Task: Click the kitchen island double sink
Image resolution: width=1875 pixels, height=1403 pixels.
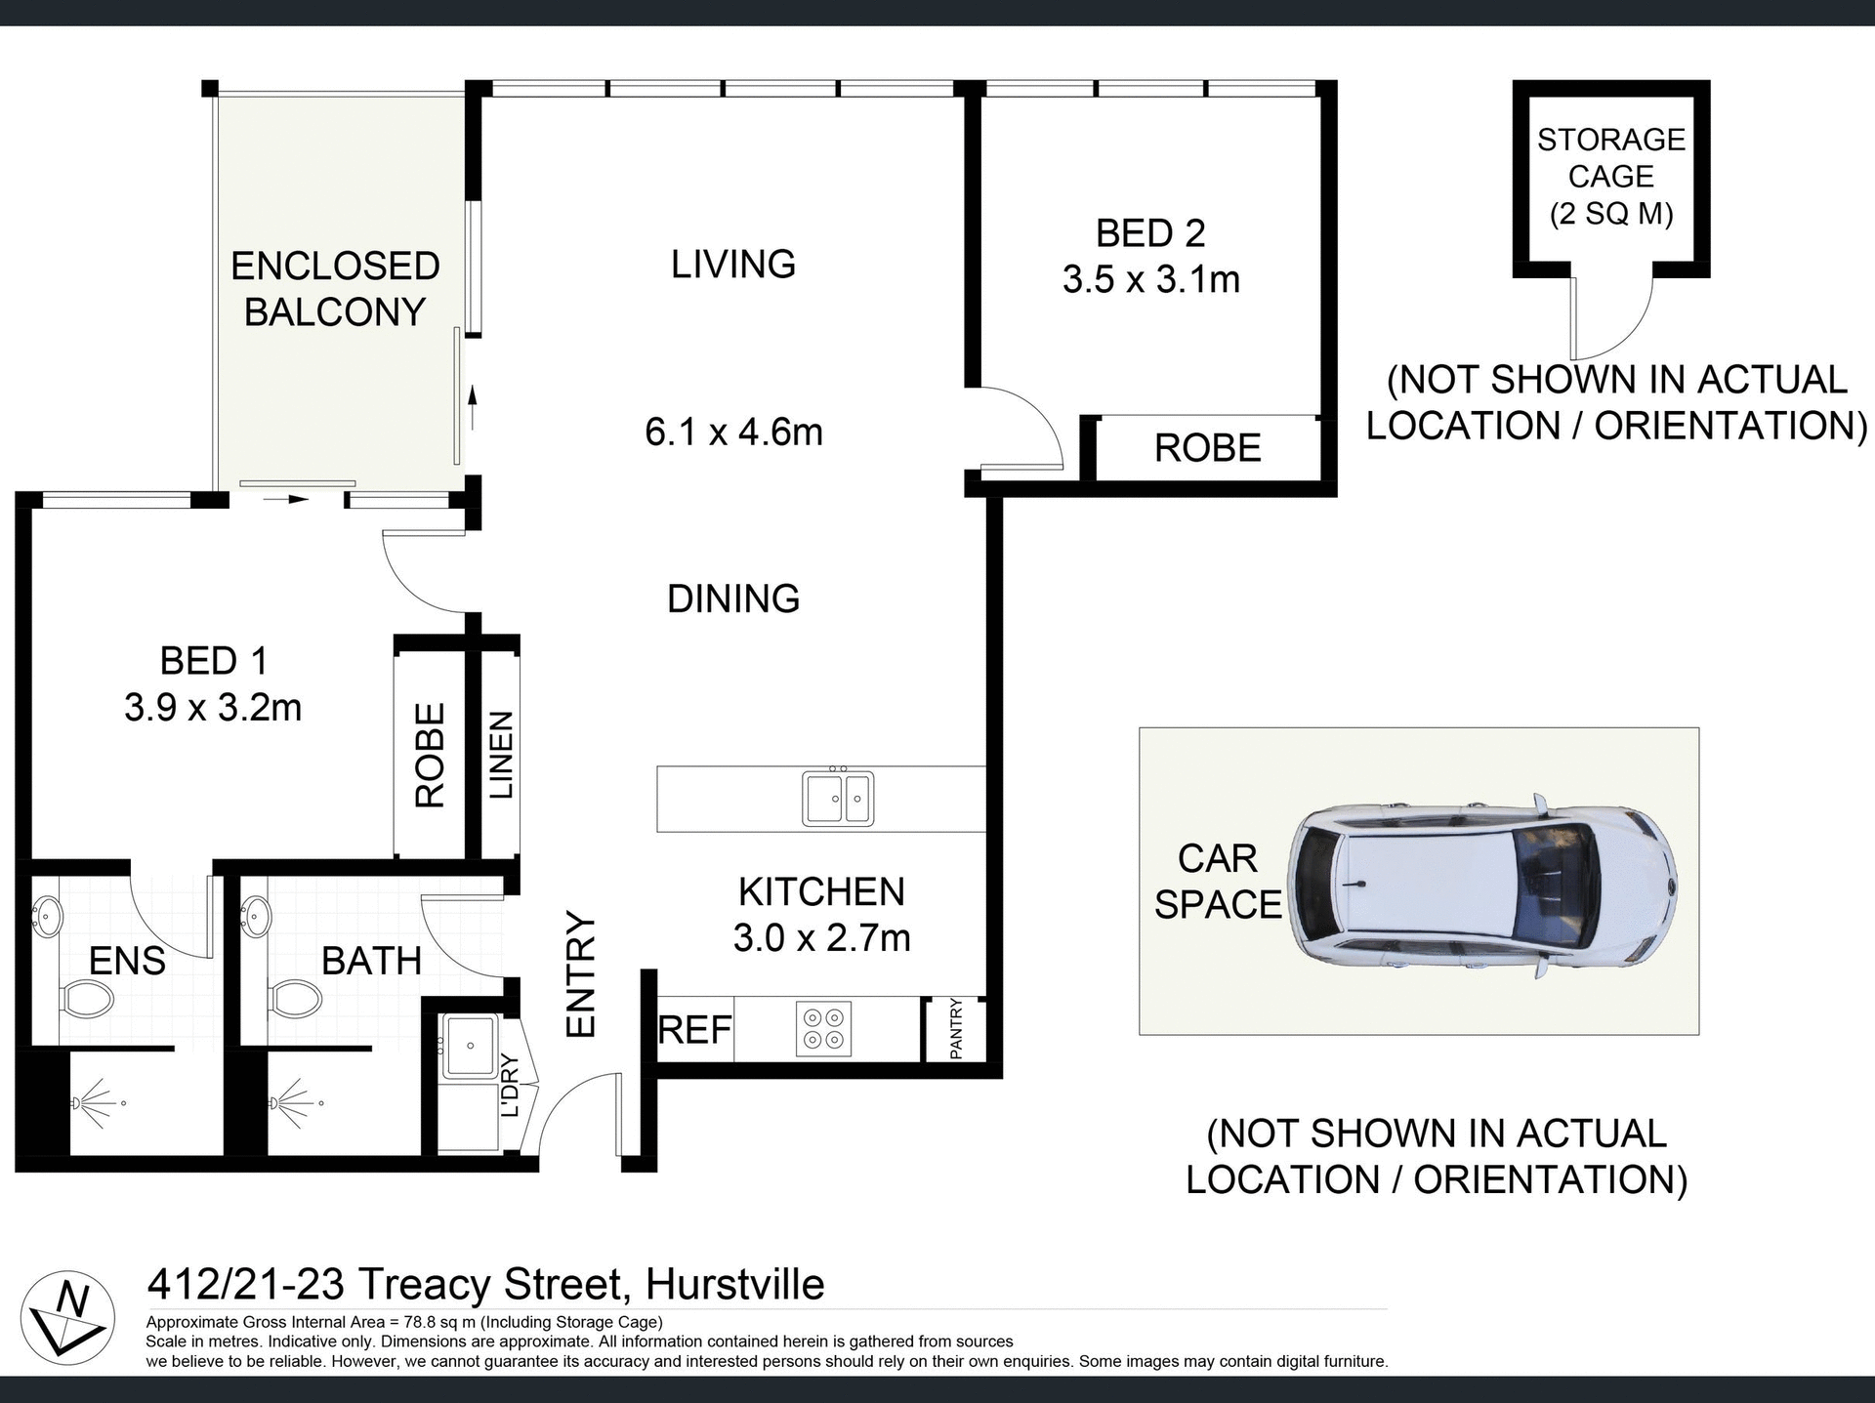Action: click(x=838, y=798)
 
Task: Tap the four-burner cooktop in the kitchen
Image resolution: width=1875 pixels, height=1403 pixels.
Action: click(x=823, y=1029)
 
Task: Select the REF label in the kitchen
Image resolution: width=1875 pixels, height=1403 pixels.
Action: click(x=694, y=1030)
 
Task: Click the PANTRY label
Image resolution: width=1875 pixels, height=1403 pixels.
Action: click(x=956, y=1028)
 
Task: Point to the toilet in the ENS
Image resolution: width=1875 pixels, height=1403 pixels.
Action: click(x=86, y=999)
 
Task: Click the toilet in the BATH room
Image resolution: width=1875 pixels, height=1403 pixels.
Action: click(x=294, y=998)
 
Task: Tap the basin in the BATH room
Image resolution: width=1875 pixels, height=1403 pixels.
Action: click(x=255, y=916)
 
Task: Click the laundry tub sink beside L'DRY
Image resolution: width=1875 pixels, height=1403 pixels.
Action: click(x=470, y=1046)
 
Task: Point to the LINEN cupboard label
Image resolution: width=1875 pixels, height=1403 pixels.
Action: click(x=500, y=754)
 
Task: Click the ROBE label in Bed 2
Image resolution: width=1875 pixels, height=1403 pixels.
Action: click(x=1207, y=448)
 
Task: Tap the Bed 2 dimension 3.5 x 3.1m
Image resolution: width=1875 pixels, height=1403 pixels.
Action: click(x=1150, y=279)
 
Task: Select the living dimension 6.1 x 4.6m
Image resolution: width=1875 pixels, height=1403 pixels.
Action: click(x=733, y=432)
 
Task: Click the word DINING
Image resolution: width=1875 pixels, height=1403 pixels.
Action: click(x=733, y=598)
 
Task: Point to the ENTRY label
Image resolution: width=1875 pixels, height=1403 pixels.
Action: click(x=580, y=973)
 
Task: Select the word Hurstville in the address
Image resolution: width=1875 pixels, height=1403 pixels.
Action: click(x=734, y=1285)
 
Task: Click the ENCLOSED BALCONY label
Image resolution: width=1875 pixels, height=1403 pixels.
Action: click(x=335, y=289)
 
